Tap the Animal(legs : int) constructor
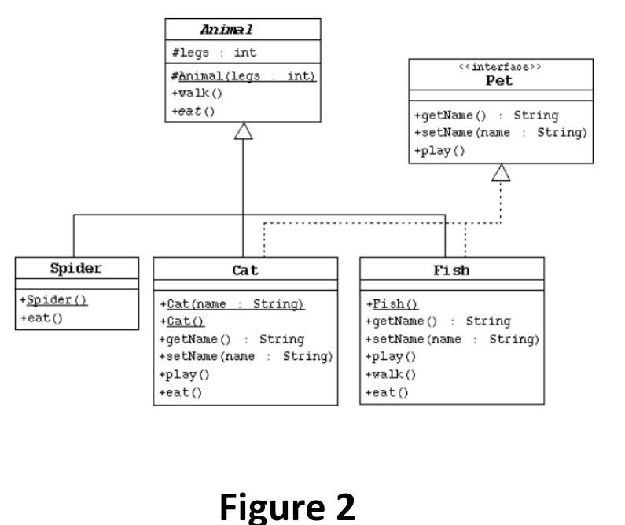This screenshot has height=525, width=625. coord(243,75)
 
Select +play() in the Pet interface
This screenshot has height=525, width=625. coord(439,150)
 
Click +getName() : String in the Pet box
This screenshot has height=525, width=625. coord(486,116)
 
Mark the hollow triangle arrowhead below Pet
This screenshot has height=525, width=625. coord(501,173)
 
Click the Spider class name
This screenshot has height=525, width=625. coord(77,268)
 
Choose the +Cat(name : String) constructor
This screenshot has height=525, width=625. coord(231,304)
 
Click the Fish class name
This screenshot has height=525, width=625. coord(451,270)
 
